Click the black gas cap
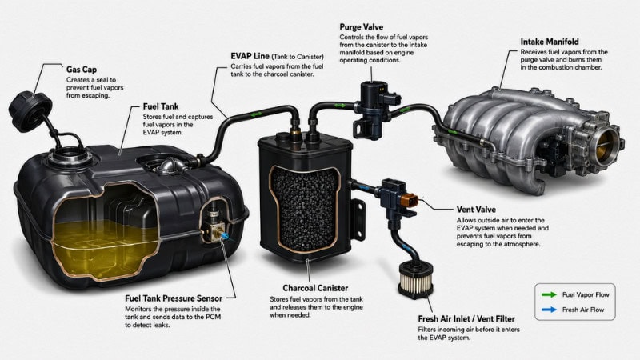pos(30,111)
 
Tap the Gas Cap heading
pos(82,70)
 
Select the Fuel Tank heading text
pos(161,106)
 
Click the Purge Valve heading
pos(362,27)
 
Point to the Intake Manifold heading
pos(550,42)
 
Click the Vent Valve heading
pos(476,210)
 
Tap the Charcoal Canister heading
pos(315,288)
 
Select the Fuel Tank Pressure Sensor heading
pos(174,298)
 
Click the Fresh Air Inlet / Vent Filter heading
pos(466,318)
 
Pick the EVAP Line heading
pos(250,56)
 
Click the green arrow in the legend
pos(549,294)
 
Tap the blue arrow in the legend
pos(549,310)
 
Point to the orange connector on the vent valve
pos(409,201)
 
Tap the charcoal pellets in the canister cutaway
pos(305,208)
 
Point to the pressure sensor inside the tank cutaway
pos(214,226)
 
